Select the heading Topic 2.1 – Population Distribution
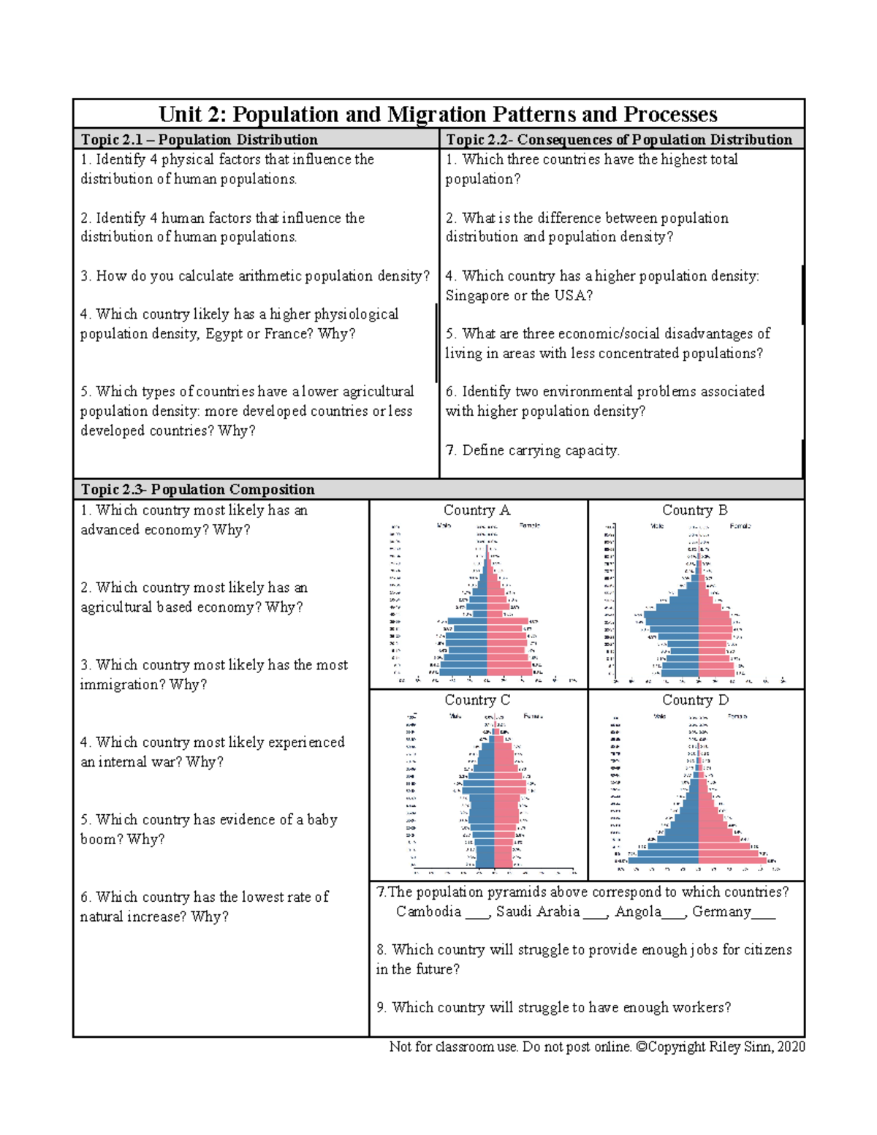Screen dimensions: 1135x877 [x=199, y=140]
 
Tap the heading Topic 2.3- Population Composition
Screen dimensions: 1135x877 [x=197, y=490]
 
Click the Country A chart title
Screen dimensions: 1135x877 [x=477, y=510]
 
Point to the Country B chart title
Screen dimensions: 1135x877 [x=694, y=510]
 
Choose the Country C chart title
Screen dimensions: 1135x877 [x=477, y=700]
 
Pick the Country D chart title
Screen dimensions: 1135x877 [x=695, y=700]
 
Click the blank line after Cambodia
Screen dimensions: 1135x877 [x=477, y=914]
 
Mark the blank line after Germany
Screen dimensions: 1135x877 [x=764, y=914]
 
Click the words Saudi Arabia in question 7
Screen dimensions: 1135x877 [x=538, y=911]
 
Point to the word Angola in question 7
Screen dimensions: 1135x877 [x=637, y=911]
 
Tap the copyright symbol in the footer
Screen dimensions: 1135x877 [x=641, y=1047]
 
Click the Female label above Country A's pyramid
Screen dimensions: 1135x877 [x=529, y=525]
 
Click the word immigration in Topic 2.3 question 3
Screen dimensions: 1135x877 [x=122, y=685]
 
